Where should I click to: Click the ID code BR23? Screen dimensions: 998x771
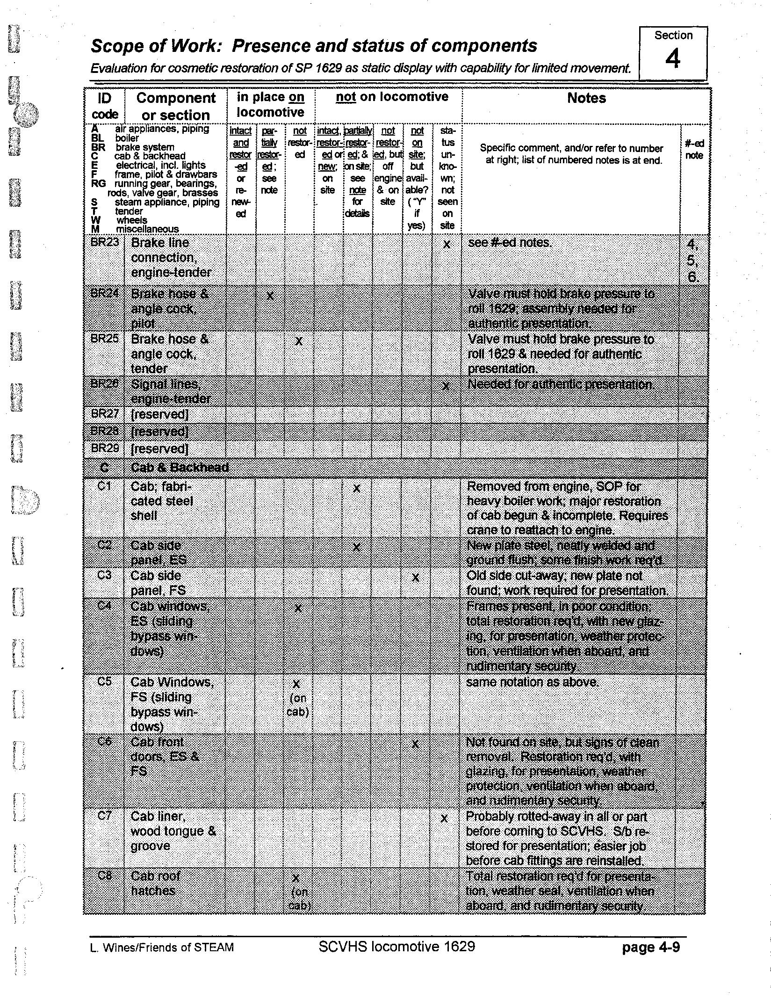click(105, 242)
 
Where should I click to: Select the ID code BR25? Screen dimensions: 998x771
click(105, 339)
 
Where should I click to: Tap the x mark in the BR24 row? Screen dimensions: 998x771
click(270, 296)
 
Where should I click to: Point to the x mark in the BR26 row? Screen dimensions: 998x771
click(446, 386)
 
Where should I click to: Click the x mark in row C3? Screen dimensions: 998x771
click(415, 578)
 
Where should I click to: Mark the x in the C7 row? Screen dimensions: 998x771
click(444, 818)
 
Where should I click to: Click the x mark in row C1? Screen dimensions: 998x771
click(357, 489)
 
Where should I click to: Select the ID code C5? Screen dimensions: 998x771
click(104, 681)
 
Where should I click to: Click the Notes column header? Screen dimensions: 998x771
click(586, 98)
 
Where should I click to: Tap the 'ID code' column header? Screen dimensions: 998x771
click(105, 106)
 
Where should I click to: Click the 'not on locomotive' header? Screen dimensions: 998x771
click(392, 97)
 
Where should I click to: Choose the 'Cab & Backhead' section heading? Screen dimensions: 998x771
click(180, 467)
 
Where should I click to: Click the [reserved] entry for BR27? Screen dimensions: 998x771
click(160, 414)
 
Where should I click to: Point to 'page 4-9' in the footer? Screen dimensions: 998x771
click(650, 947)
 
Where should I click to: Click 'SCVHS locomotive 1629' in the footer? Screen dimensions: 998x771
click(396, 947)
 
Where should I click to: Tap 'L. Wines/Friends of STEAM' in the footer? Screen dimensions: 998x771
click(162, 947)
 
